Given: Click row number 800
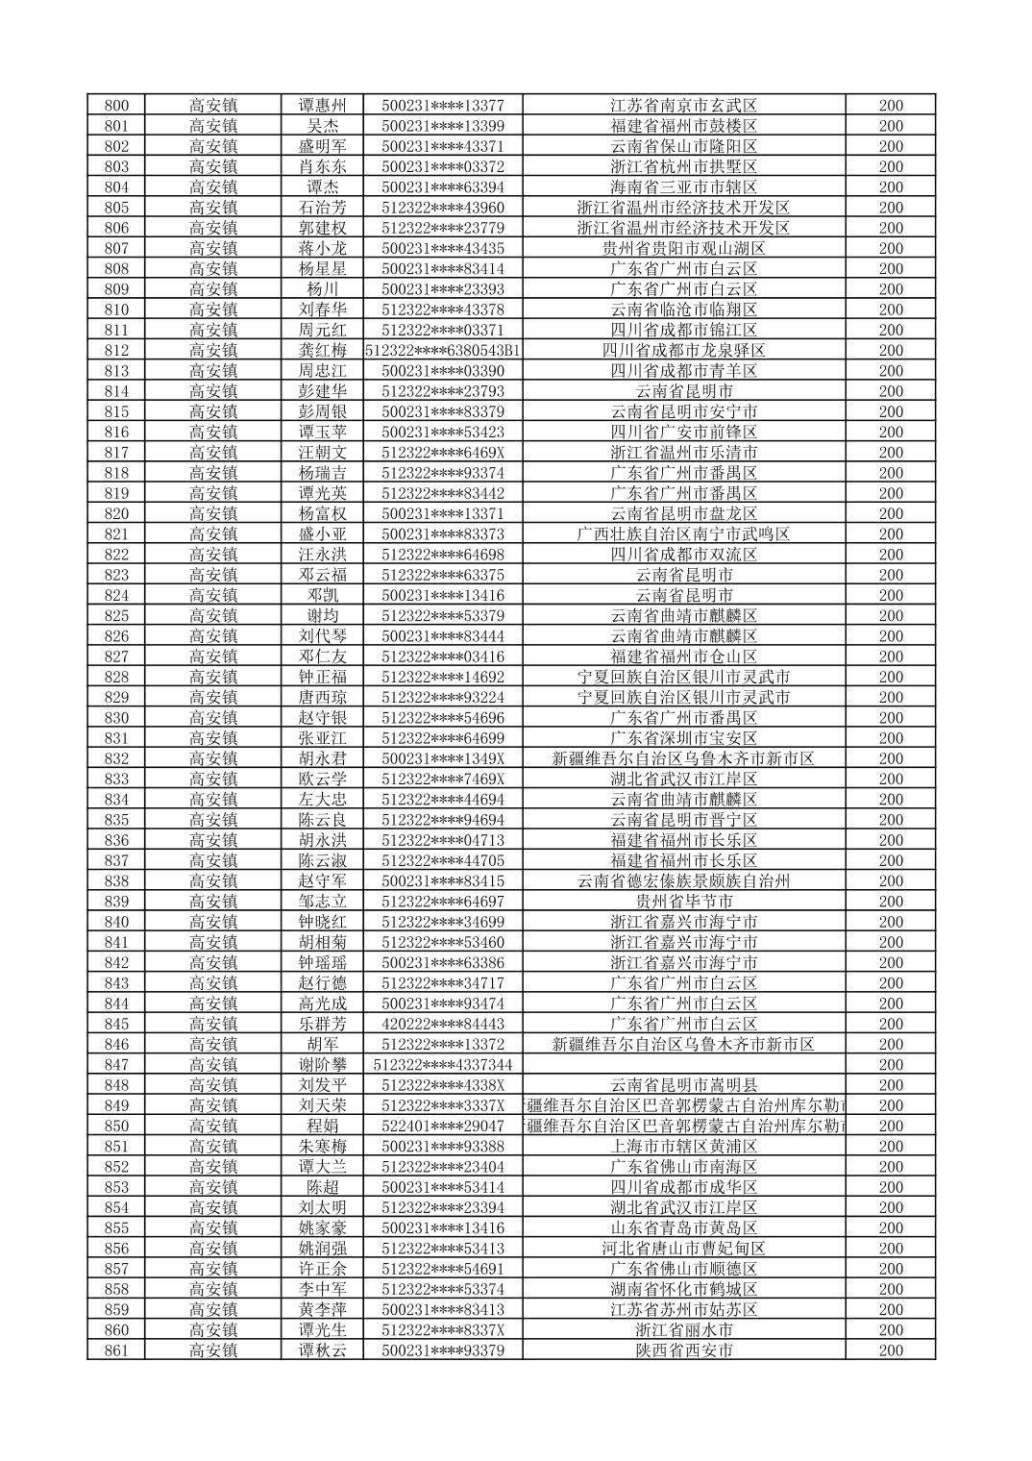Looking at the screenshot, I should tap(115, 106).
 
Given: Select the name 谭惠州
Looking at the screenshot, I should tap(322, 106).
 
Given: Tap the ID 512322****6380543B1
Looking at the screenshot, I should tap(443, 351).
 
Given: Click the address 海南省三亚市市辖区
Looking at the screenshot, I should tap(684, 187).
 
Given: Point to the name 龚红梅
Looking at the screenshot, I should tap(322, 351).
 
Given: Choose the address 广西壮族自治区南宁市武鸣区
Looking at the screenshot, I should tap(684, 534).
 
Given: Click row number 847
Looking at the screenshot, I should tap(115, 1065).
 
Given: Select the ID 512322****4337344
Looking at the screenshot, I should tap(443, 1065).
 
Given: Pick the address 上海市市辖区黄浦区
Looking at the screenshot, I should tap(684, 1147).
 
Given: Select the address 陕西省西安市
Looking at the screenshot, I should tap(684, 1350).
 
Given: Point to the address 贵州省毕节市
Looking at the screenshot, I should tap(684, 902).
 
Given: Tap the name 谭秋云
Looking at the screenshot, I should tap(322, 1350).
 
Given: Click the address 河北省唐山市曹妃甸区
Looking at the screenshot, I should tap(684, 1249).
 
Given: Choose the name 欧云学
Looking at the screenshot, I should tap(322, 780).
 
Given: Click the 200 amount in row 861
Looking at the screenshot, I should tap(891, 1350).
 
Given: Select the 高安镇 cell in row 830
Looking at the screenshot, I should tap(212, 718).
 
